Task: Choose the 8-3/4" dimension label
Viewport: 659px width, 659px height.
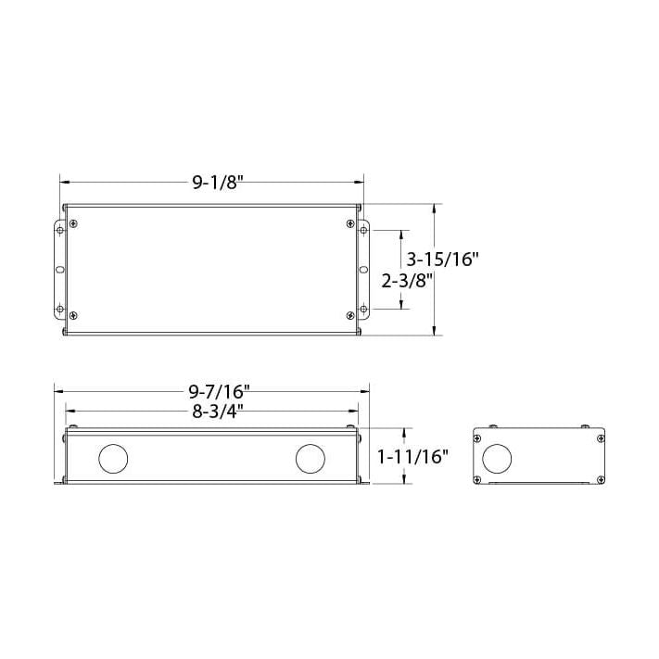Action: pyautogui.click(x=212, y=412)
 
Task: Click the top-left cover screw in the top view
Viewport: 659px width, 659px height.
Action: pyautogui.click(x=73, y=222)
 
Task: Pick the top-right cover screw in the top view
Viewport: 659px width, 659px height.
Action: pyautogui.click(x=349, y=222)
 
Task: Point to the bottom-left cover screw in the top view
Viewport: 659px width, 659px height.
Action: pyautogui.click(x=73, y=316)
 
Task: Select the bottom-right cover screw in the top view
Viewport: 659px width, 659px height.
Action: pyautogui.click(x=349, y=316)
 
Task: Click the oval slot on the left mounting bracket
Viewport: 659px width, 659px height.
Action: pyautogui.click(x=61, y=270)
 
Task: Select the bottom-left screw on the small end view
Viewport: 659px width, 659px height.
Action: pyautogui.click(x=477, y=478)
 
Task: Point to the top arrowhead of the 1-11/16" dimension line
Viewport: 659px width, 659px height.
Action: pyautogui.click(x=404, y=432)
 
